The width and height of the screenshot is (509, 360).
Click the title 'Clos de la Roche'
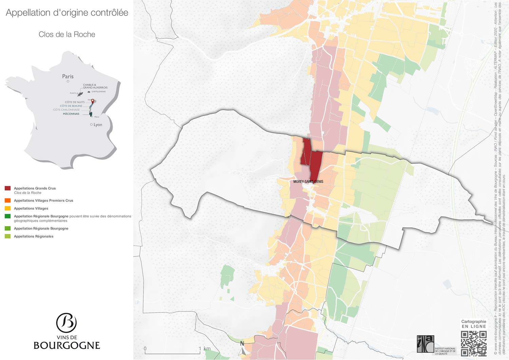[67, 34]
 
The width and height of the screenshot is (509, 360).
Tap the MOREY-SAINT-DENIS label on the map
[308, 182]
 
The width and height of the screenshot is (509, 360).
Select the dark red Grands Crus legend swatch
[8, 188]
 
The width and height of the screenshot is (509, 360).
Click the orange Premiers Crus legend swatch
[8, 200]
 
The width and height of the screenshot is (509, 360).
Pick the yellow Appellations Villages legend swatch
[8, 208]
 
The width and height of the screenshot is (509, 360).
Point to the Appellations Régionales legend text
[34, 236]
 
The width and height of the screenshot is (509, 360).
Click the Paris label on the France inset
[68, 76]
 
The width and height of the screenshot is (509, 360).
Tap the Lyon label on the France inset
[98, 125]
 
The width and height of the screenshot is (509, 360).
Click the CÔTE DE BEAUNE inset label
[71, 106]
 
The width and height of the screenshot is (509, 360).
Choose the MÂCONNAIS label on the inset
[71, 114]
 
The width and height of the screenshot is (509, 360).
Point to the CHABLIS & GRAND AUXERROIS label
[95, 86]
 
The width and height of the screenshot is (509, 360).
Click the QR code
[474, 343]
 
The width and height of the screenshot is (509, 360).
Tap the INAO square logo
[425, 344]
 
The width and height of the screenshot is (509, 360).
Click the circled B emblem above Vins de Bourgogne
[66, 323]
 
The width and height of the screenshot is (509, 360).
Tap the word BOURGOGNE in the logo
[67, 346]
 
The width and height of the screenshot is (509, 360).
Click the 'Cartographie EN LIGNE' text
[474, 324]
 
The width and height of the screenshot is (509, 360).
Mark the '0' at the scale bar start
[145, 348]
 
